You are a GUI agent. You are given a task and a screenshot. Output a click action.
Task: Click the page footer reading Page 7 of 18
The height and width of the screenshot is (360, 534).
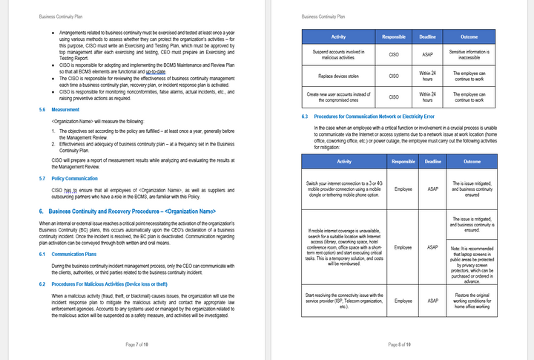(x=136, y=344)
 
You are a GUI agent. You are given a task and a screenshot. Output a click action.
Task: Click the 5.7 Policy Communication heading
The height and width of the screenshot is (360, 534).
(x=75, y=179)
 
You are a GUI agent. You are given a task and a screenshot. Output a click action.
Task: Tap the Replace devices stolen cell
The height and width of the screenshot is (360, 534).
(x=338, y=76)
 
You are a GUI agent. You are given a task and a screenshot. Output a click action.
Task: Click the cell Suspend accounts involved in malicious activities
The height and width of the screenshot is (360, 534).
(x=338, y=54)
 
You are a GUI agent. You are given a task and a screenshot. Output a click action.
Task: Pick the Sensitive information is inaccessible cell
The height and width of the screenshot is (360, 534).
(x=469, y=54)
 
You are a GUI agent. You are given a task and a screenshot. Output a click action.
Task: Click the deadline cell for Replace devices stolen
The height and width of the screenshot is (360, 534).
(x=427, y=76)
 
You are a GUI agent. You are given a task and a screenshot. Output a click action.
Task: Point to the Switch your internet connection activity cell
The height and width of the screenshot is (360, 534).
(x=343, y=189)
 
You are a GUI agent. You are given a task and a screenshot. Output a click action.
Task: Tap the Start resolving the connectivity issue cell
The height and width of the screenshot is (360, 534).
(x=343, y=301)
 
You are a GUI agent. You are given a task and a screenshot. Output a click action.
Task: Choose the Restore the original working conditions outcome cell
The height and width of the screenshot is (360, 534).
(x=472, y=301)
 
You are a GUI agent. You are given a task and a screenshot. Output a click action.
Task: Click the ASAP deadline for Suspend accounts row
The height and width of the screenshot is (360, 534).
(x=427, y=54)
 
